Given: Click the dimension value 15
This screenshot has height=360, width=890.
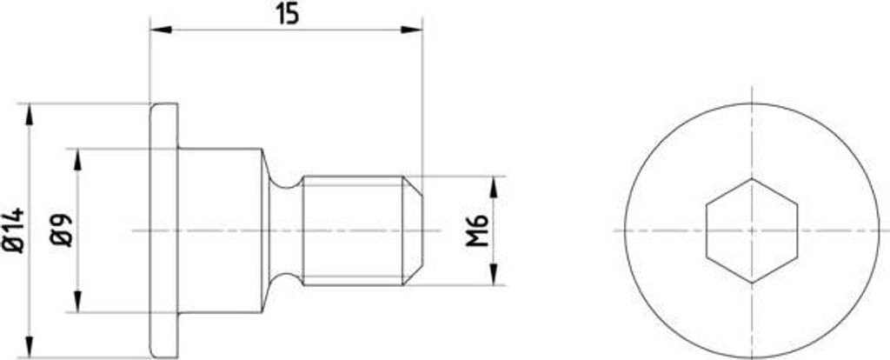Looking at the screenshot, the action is pos(289,15).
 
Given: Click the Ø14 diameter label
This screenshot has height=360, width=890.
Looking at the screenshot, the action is pos(14,230).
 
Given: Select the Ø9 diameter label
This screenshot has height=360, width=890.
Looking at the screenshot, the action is pos(62,230).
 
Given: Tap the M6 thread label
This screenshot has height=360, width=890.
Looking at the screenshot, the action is pos(477,230).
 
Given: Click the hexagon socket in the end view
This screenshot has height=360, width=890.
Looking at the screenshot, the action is pos(752,230).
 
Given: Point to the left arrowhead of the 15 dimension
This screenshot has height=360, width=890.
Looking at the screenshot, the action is pos(161,29).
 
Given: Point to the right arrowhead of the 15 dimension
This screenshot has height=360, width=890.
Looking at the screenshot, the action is pos(411,29).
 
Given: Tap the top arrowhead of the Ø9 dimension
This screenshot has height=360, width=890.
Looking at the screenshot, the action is pos(77,159).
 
